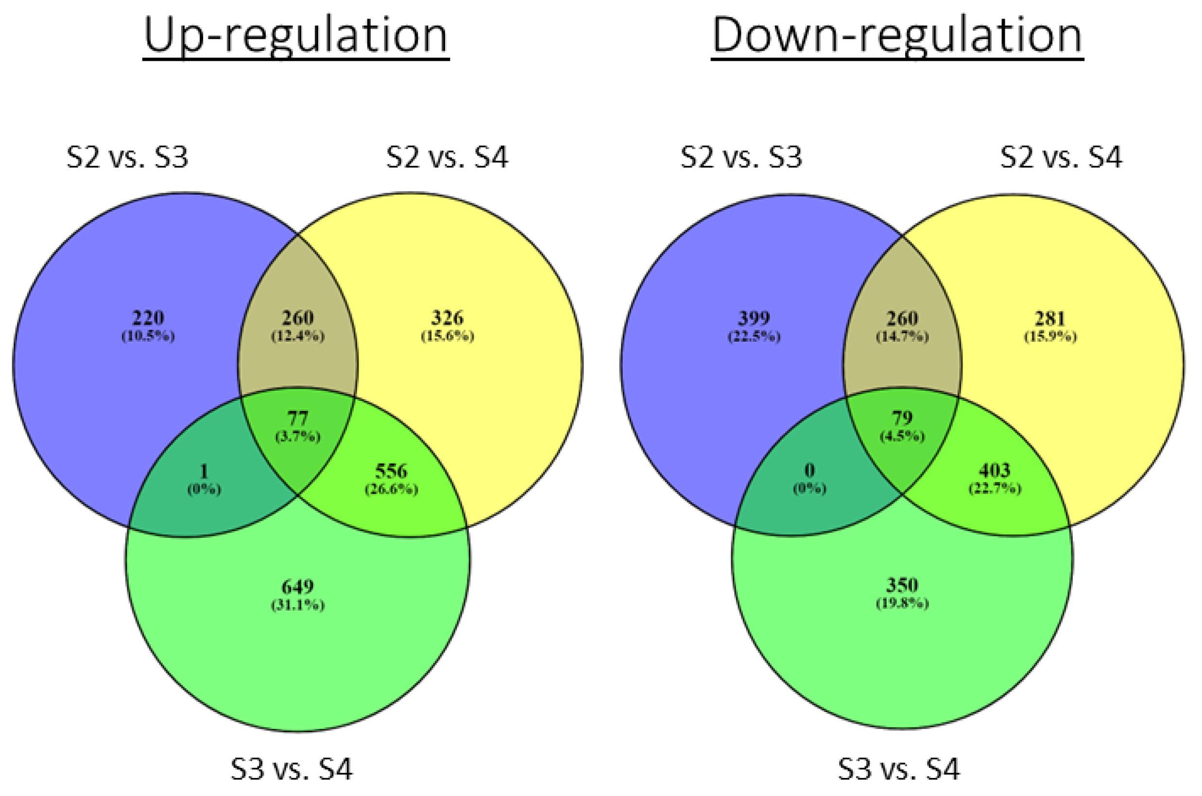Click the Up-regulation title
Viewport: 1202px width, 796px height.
point(296,35)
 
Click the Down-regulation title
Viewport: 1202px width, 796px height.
point(897,35)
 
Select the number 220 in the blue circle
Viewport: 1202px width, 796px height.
point(148,318)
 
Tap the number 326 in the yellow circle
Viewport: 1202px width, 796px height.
point(447,318)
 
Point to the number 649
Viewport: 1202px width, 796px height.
point(297,587)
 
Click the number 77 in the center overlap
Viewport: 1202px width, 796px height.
point(298,419)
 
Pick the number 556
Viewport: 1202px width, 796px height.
point(391,472)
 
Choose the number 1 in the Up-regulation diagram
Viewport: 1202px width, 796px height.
point(204,472)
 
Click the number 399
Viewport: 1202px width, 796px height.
point(754,318)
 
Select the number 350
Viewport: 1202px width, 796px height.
point(902,585)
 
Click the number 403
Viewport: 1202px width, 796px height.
point(995,471)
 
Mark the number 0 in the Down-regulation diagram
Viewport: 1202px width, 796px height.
point(810,471)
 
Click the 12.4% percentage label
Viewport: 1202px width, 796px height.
point(298,336)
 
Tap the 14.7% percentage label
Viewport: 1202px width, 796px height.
point(902,336)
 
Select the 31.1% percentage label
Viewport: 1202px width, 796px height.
point(297,605)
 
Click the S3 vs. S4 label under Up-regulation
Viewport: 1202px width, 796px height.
point(292,769)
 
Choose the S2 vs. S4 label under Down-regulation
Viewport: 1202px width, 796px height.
point(1061,157)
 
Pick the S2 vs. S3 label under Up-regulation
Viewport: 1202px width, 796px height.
point(127,157)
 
